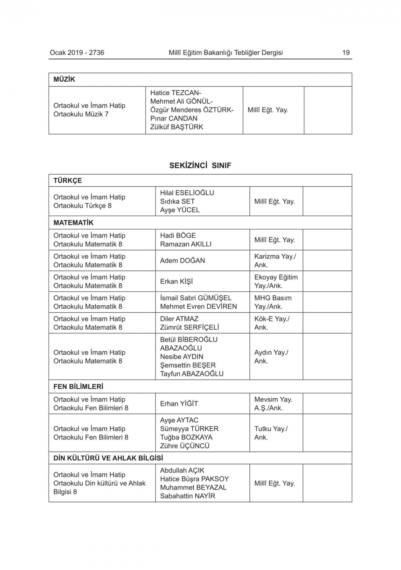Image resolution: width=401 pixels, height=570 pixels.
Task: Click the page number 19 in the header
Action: point(346,52)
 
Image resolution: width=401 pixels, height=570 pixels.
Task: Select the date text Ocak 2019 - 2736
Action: point(77,52)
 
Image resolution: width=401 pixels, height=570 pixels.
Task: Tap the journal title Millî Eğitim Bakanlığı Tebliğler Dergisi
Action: point(226,52)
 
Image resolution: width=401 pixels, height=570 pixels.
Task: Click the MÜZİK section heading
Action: point(64,79)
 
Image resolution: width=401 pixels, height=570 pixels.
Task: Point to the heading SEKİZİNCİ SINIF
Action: point(200,165)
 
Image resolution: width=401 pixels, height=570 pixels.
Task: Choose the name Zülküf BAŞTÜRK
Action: point(176,127)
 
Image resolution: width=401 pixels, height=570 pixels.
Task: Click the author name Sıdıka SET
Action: point(177,201)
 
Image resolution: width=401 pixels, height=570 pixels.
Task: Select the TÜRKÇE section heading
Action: point(67,181)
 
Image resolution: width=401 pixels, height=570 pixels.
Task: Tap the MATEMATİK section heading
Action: point(73,223)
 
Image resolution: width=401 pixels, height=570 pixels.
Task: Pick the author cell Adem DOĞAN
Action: point(182,261)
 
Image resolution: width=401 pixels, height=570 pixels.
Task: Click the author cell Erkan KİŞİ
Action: point(176,281)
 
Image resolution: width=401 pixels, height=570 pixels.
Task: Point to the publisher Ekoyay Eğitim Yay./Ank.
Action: point(276,281)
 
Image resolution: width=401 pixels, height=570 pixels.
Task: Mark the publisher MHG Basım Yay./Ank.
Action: point(273,302)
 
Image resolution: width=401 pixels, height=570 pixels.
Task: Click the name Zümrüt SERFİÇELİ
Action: point(189,327)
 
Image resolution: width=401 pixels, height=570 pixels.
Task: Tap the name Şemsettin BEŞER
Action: point(188,365)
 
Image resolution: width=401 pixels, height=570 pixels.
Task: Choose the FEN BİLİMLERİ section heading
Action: point(78,387)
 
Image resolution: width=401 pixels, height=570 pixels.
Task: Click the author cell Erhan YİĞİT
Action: point(179,403)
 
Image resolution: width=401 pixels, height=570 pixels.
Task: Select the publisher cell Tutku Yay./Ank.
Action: point(271,433)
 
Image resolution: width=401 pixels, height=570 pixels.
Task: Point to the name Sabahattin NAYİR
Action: point(187,496)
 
